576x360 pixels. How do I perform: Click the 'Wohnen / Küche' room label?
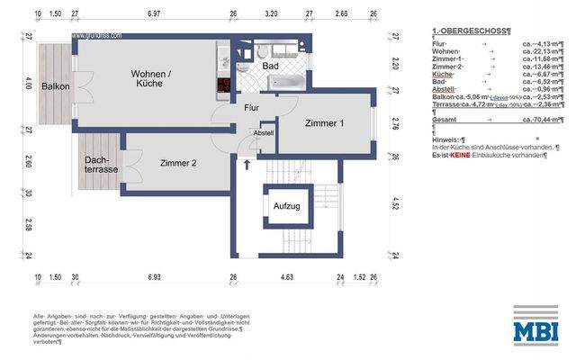pyautogui.click(x=150, y=78)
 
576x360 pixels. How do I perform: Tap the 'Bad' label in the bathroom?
pyautogui.click(x=269, y=67)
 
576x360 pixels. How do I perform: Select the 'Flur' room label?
pyautogui.click(x=252, y=108)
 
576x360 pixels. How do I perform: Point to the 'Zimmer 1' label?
pyautogui.click(x=324, y=122)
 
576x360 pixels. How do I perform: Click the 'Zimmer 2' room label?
pyautogui.click(x=178, y=163)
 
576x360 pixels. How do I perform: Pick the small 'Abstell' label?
pyautogui.click(x=263, y=132)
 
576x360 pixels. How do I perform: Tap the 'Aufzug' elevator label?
pyautogui.click(x=287, y=206)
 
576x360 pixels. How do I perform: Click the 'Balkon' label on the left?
pyautogui.click(x=56, y=86)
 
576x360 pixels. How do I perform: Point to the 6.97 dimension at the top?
pyautogui.click(x=153, y=15)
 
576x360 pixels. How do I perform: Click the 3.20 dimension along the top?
pyautogui.click(x=271, y=15)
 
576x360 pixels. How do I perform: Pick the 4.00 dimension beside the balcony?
pyautogui.click(x=29, y=86)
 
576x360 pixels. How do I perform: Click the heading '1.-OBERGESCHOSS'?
pyautogui.click(x=472, y=31)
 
